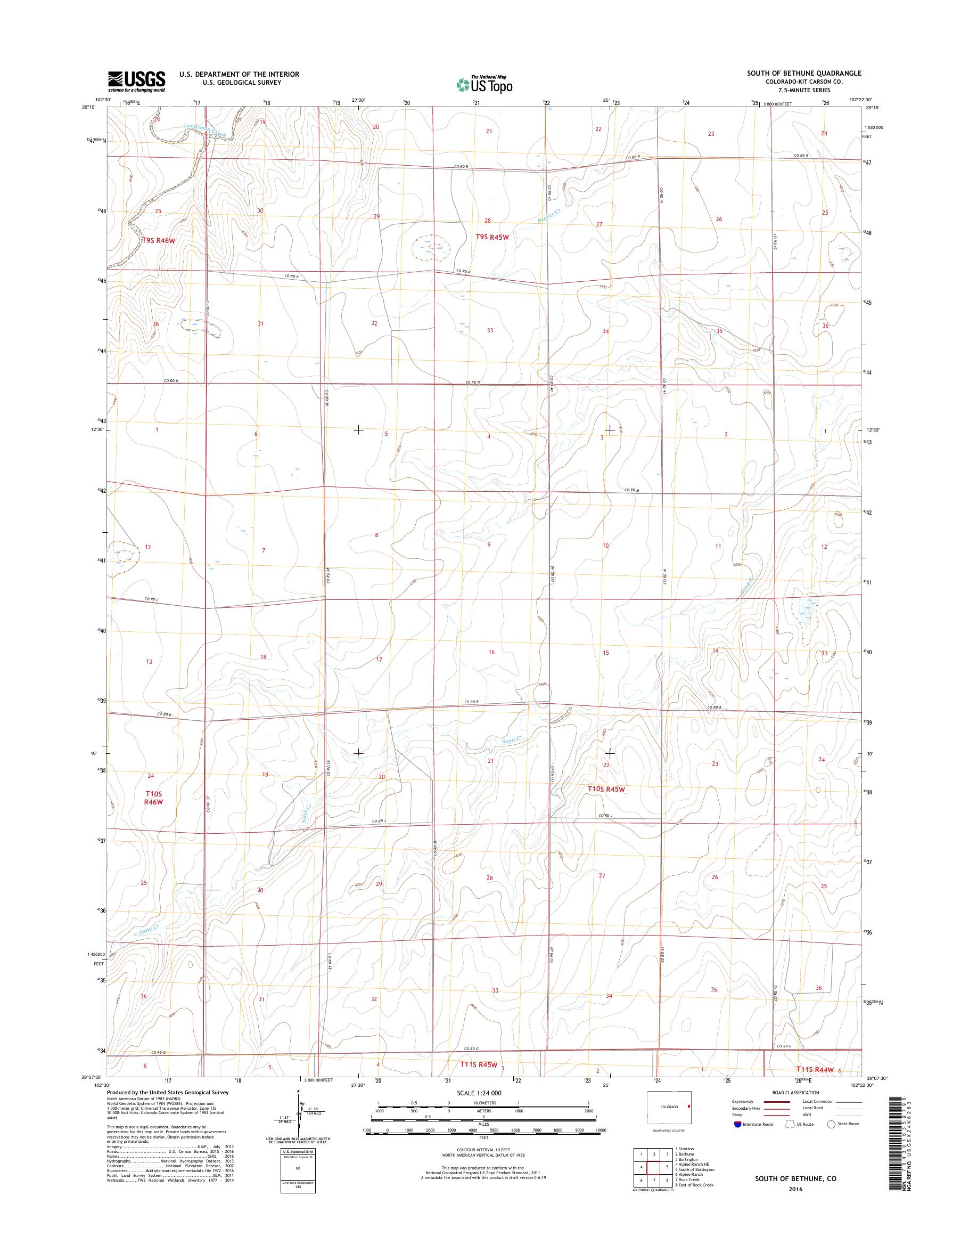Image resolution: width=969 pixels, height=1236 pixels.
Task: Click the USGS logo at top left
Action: tap(137, 81)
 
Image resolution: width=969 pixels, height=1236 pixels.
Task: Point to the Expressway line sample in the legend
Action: tap(777, 1101)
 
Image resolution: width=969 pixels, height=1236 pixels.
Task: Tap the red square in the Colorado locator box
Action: tap(689, 1106)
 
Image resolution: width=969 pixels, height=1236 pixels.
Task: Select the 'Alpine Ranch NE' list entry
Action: tap(692, 1159)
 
